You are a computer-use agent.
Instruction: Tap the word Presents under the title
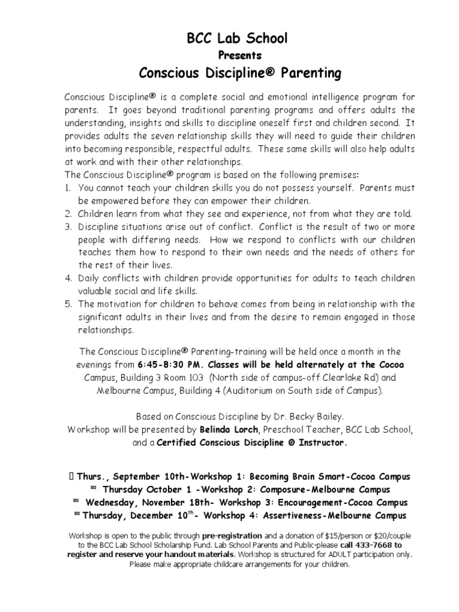click(238, 56)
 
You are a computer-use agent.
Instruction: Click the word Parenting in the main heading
click(305, 74)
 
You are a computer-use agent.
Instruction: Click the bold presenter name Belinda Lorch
click(220, 430)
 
